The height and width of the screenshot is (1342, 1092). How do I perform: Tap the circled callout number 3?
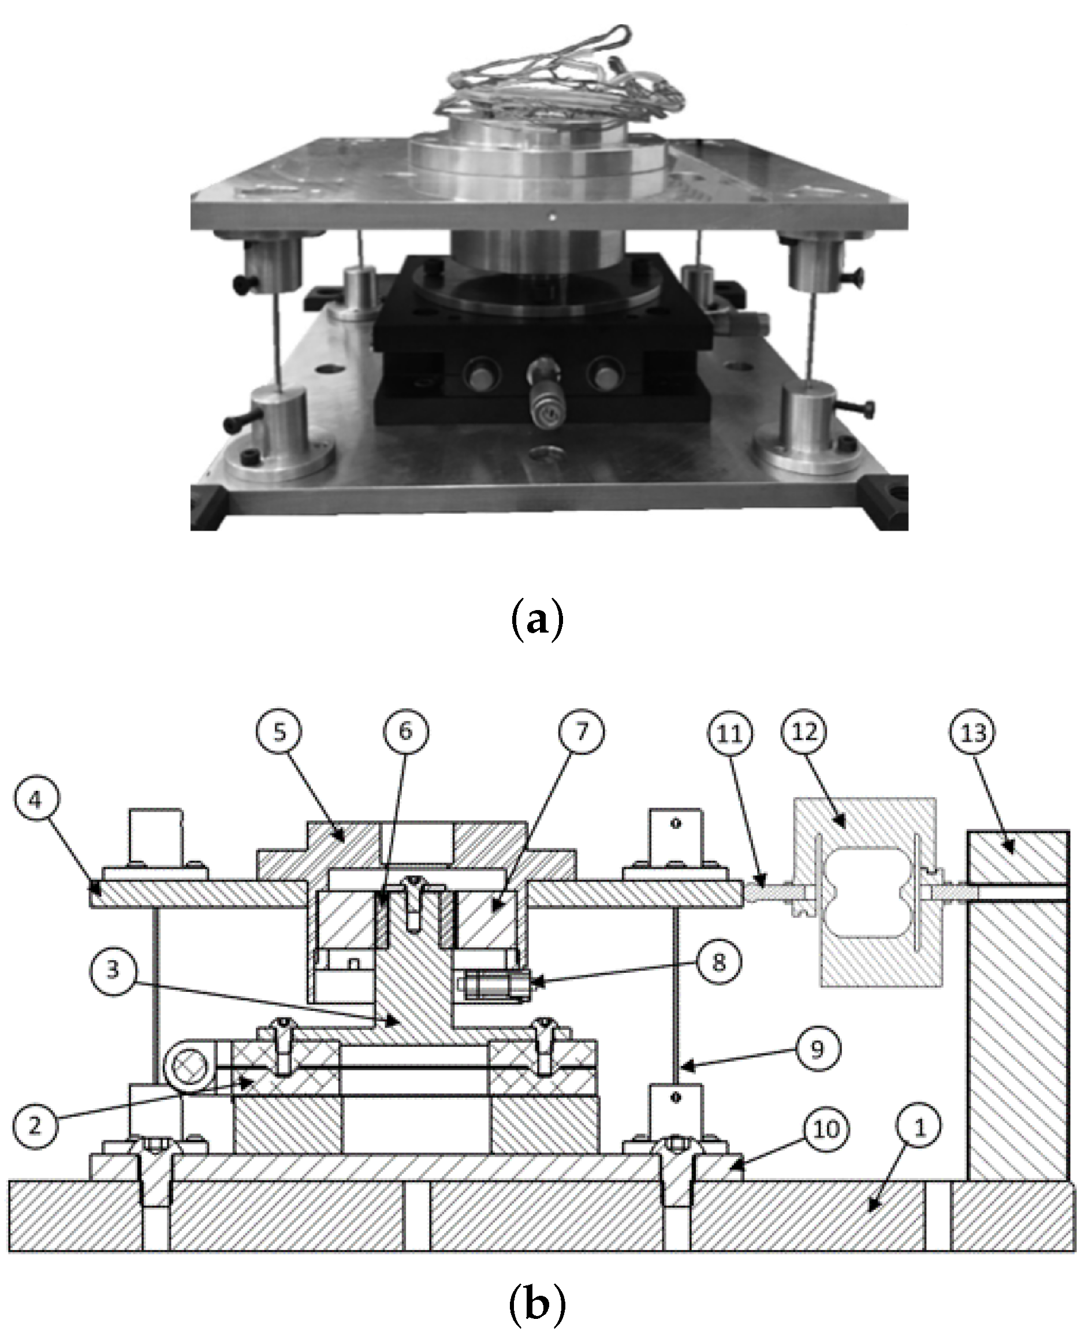tap(113, 969)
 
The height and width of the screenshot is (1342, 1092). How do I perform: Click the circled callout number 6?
tap(405, 731)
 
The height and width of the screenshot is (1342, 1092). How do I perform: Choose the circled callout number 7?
tap(580, 731)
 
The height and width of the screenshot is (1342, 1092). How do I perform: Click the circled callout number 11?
tap(730, 733)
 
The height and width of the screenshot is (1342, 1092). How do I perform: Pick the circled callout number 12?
tap(804, 733)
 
